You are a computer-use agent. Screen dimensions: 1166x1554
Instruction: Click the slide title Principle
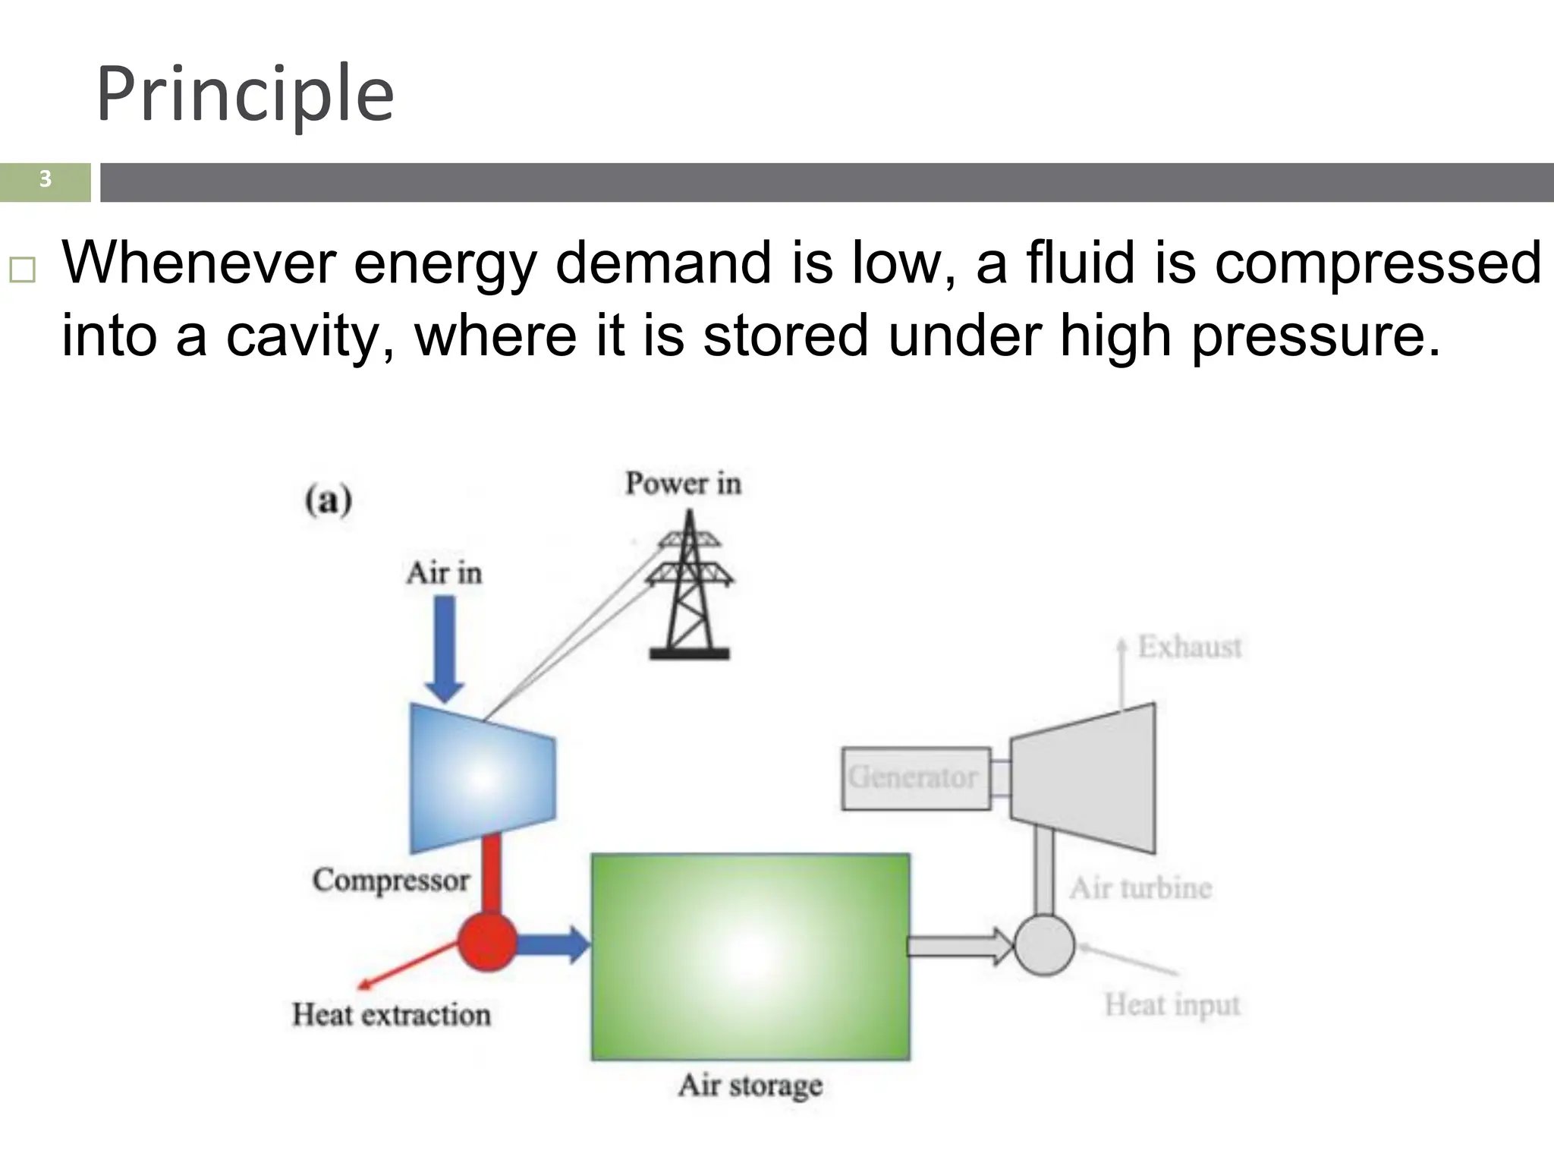point(244,94)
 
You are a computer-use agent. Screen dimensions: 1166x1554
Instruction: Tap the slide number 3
point(45,180)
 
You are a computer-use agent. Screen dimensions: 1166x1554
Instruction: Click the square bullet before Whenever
point(22,269)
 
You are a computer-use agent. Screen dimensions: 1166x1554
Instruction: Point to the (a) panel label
point(328,500)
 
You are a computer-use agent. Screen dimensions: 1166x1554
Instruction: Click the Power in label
point(683,484)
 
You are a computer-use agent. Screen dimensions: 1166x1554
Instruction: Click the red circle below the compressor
point(487,942)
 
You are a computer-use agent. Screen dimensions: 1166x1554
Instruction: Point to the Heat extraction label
point(392,1015)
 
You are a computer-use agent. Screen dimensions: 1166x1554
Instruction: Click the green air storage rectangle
point(750,956)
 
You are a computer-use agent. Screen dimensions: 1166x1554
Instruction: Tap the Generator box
point(915,778)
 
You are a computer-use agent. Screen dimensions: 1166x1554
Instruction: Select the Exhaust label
point(1189,648)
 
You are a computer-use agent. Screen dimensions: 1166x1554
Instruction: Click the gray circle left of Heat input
point(1044,945)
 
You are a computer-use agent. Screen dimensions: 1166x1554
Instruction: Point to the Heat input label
point(1172,1005)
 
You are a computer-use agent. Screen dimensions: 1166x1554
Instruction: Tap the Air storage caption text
point(750,1086)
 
